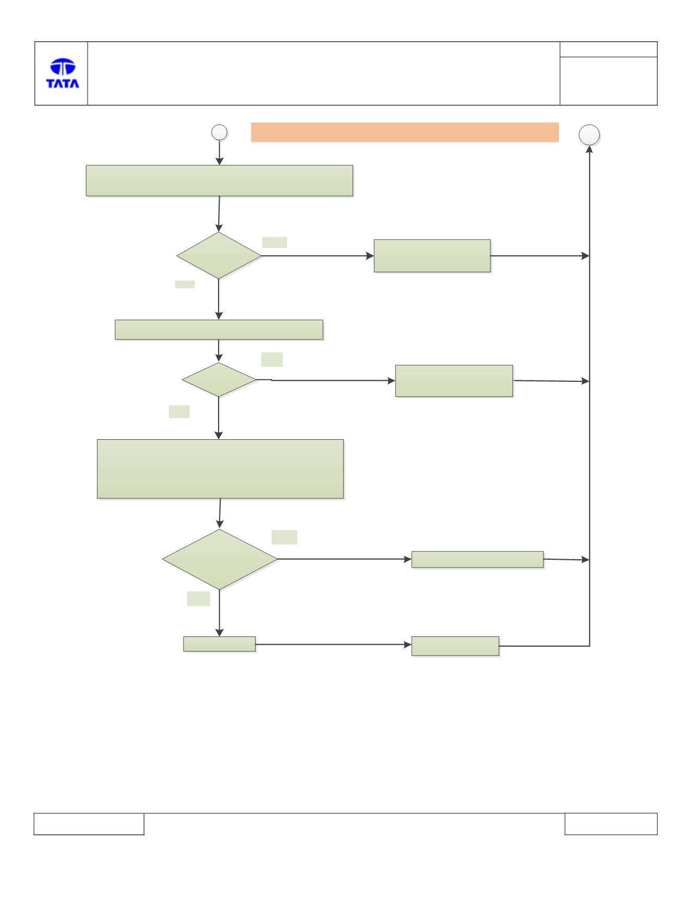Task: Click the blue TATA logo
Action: tap(63, 73)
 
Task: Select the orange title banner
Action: tap(405, 133)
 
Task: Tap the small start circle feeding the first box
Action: tap(219, 133)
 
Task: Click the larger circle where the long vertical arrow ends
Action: tap(589, 135)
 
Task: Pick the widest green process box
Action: tap(220, 181)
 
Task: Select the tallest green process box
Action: tap(220, 469)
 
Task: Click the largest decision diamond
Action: tap(220, 559)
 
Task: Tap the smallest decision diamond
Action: tap(219, 380)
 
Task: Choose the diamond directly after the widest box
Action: tap(219, 256)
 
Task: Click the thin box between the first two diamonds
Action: tap(219, 330)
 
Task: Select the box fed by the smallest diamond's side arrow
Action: tap(454, 381)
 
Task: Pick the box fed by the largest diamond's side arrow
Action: tap(477, 559)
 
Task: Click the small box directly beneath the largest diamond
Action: tap(219, 644)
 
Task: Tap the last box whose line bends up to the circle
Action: tap(455, 646)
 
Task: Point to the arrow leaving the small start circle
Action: tap(219, 153)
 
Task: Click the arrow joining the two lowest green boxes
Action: tap(334, 644)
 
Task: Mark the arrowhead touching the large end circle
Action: tap(589, 149)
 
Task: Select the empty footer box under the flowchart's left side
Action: tap(89, 824)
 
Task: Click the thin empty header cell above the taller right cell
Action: tap(608, 49)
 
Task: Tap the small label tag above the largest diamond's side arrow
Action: tap(284, 537)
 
